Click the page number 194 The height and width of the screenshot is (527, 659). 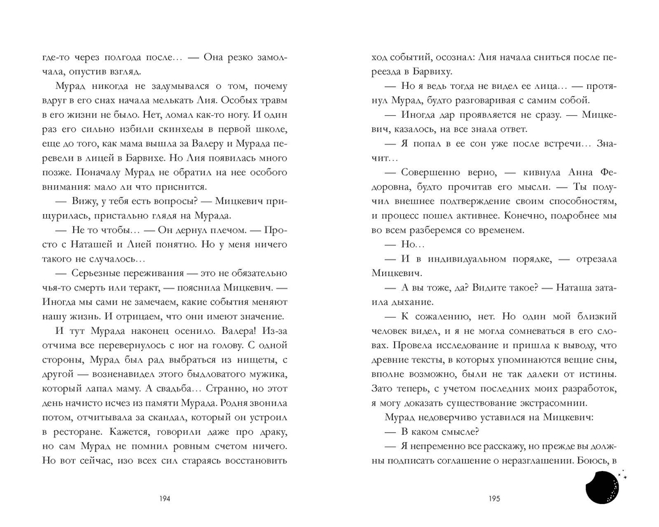[165, 499]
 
